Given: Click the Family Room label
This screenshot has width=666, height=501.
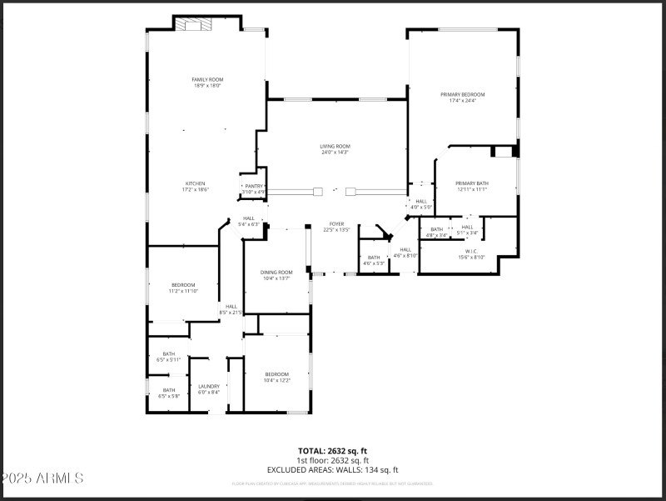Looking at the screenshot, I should pos(207,82).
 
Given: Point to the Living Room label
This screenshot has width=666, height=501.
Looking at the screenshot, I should pos(335,149).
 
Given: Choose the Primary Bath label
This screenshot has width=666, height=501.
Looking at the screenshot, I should pos(471,186).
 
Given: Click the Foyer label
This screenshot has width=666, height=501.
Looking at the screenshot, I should pos(336,226).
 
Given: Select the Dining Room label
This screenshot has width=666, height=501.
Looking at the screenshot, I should pos(277,274).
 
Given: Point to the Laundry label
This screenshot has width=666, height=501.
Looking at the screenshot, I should pos(208,388).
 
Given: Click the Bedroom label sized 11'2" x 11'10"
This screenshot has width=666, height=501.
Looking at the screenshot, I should pos(182,288).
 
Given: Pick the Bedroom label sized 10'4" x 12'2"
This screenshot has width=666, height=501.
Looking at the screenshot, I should pos(276,377).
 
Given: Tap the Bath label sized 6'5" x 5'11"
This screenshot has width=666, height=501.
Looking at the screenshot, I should pos(169,356).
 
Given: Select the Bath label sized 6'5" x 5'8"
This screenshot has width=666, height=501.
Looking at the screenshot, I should pos(169,393).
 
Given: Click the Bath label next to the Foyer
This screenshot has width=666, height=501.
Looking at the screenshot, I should pos(374,260).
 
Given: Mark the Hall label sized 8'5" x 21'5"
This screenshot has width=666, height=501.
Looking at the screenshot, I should pos(231,309).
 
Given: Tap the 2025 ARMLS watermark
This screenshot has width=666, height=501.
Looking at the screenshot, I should pos(42,478).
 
